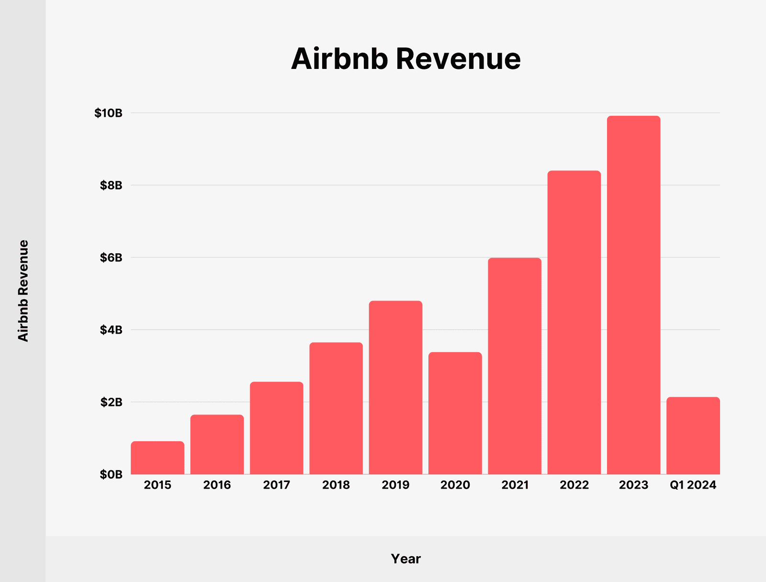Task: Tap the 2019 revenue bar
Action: click(395, 387)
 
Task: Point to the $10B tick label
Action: click(108, 113)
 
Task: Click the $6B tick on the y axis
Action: click(111, 258)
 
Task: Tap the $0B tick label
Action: click(111, 475)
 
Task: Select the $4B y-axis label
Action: click(111, 330)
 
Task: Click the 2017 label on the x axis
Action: click(277, 485)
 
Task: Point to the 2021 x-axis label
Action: click(515, 485)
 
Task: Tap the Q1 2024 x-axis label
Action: click(693, 485)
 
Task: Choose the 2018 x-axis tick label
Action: click(336, 485)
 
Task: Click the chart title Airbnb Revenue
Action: click(406, 59)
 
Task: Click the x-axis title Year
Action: click(406, 559)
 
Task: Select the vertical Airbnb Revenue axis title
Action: click(23, 291)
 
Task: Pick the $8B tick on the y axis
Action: click(111, 186)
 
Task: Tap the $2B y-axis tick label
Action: click(111, 403)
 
